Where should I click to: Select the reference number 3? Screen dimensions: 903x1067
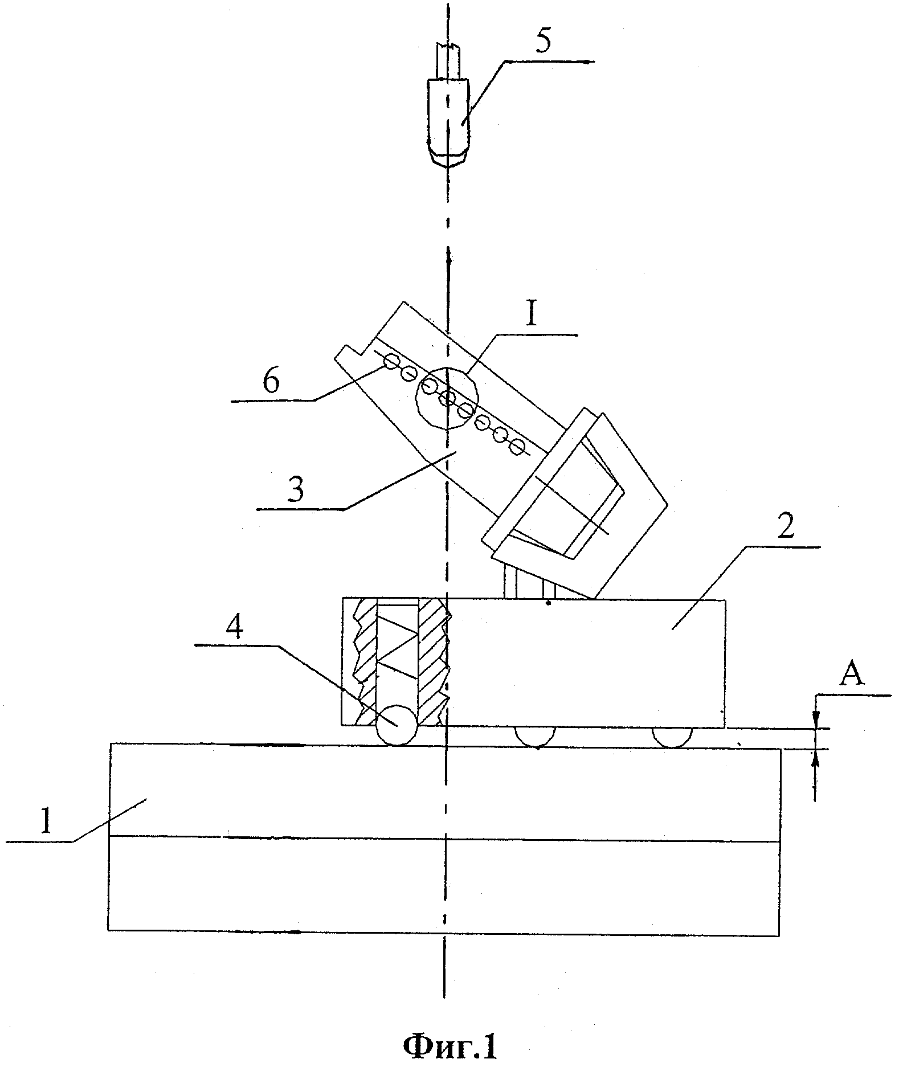point(295,488)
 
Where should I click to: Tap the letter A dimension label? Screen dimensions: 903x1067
point(852,676)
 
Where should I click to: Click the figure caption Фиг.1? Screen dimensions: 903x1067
point(450,1046)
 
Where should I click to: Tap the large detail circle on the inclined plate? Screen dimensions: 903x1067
point(447,398)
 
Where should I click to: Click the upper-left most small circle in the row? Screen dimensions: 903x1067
point(391,361)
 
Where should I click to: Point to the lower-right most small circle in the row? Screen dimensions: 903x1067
point(517,448)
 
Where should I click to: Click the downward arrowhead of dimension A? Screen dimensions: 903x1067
point(816,722)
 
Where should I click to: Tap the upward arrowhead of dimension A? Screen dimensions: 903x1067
point(816,755)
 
